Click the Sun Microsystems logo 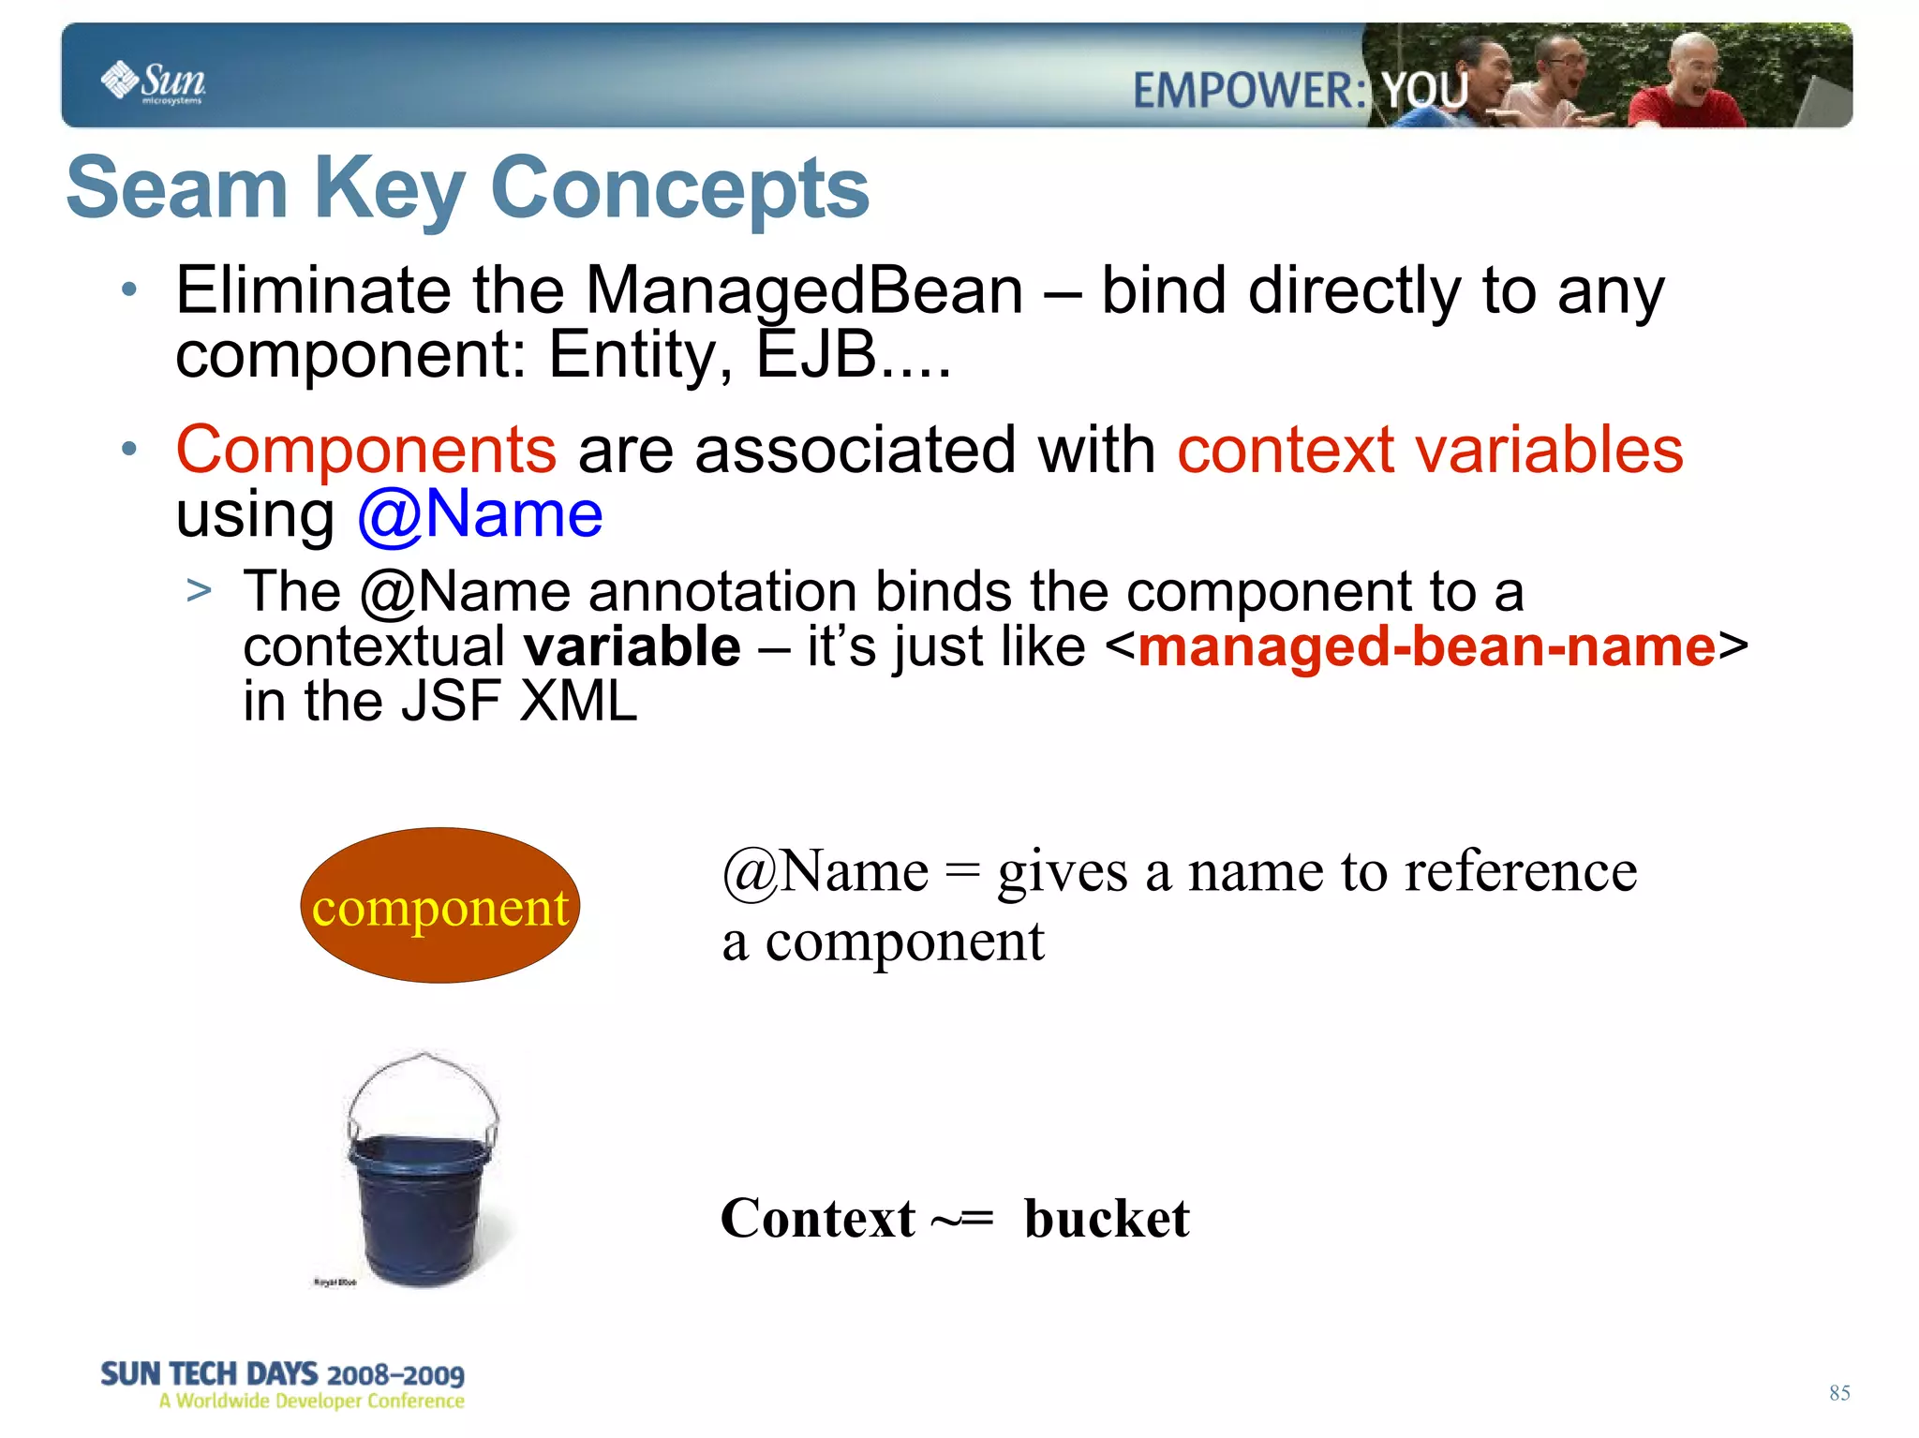coord(153,82)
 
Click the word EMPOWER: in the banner coord(1249,92)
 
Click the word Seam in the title coord(176,188)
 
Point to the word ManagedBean coord(804,290)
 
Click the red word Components coord(366,450)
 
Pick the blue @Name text coord(480,514)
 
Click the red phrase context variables coord(1430,450)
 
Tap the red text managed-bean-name coord(1426,647)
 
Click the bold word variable coord(632,647)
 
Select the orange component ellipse coord(439,905)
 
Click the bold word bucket coord(1106,1219)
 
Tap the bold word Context coord(817,1219)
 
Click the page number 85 coord(1838,1393)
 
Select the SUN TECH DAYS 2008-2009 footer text coord(282,1374)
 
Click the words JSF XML coord(519,702)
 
